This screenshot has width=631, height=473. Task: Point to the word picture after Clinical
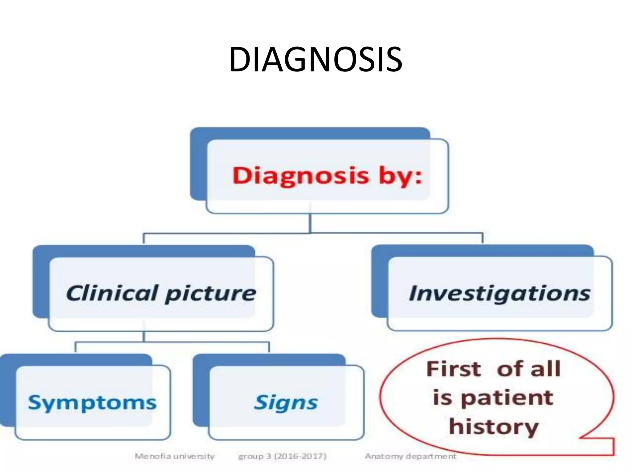click(210, 294)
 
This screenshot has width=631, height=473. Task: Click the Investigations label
click(499, 293)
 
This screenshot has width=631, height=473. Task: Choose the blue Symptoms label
click(92, 403)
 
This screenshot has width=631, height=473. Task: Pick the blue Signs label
click(286, 403)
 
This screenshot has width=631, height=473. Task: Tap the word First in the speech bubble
click(454, 369)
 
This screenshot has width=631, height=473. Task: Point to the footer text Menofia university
click(174, 456)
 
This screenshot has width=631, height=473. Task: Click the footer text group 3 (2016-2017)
click(282, 456)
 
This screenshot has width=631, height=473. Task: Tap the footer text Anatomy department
click(410, 456)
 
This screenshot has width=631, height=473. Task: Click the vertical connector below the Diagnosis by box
click(310, 223)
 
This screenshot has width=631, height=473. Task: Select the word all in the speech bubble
click(546, 369)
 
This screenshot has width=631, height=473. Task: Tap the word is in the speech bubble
click(442, 398)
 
